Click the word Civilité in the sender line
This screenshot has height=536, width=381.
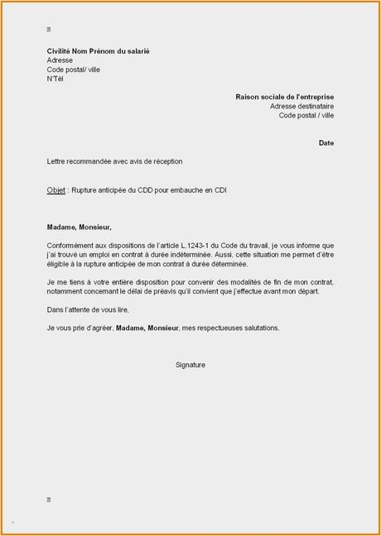pyautogui.click(x=60, y=51)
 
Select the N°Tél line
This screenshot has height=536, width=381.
pyautogui.click(x=55, y=79)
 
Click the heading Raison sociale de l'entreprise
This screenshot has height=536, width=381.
pyautogui.click(x=284, y=97)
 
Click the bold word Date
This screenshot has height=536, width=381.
pyautogui.click(x=326, y=143)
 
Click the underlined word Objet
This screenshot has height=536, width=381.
pyautogui.click(x=56, y=190)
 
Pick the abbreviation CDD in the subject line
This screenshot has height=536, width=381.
pyautogui.click(x=149, y=190)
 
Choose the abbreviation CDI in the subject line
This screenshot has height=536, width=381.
pyautogui.click(x=219, y=190)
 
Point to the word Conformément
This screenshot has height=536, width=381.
pyautogui.click(x=72, y=246)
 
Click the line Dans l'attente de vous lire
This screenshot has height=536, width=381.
pyautogui.click(x=89, y=309)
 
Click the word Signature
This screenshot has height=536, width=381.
pyautogui.click(x=190, y=365)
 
